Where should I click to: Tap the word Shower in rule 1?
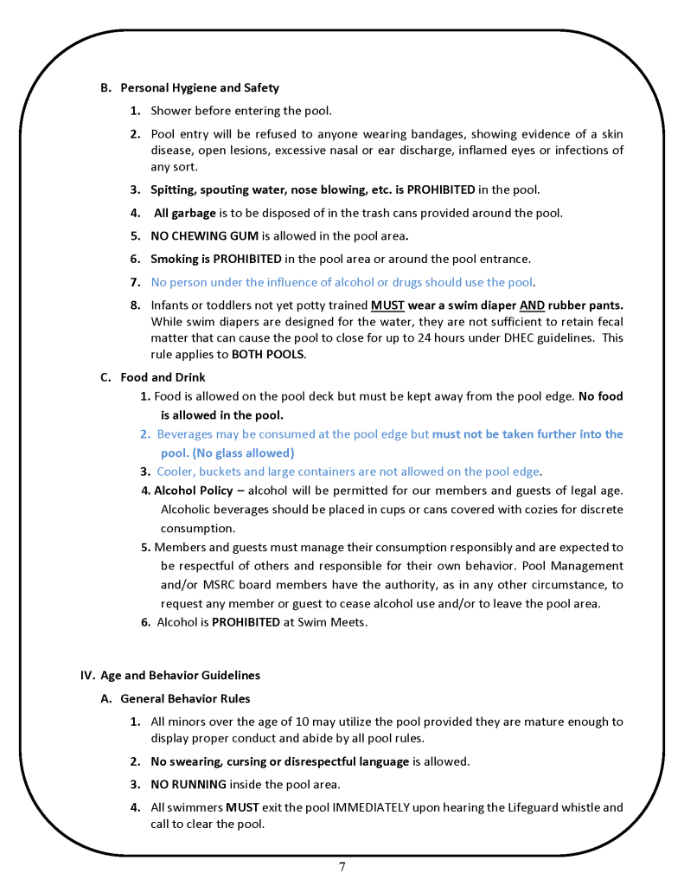(172, 111)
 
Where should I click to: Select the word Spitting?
(173, 189)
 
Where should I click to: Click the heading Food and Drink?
(163, 377)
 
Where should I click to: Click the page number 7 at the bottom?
(342, 867)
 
